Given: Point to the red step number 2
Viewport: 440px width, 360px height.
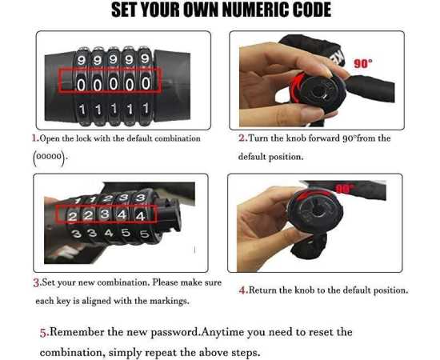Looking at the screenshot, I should pyautogui.click(x=242, y=138).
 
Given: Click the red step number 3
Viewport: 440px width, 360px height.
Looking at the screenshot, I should pyautogui.click(x=36, y=282).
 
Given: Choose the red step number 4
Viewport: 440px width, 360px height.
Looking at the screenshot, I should pyautogui.click(x=242, y=290).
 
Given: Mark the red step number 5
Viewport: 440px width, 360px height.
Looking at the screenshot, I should pyautogui.click(x=43, y=331).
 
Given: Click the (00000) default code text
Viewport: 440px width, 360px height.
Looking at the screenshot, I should pyautogui.click(x=50, y=157).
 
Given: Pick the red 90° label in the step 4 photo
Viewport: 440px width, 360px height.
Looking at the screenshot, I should pyautogui.click(x=345, y=189).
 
